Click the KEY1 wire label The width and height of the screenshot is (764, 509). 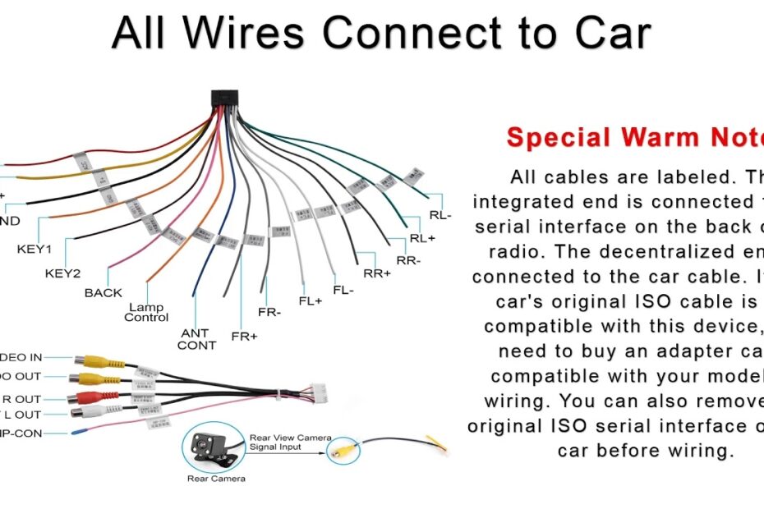coord(35,249)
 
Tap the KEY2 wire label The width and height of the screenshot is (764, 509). coord(62,273)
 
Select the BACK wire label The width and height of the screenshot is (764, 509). coord(104,293)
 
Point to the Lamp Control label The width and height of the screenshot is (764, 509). coord(146,313)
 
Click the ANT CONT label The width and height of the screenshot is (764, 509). coord(196,339)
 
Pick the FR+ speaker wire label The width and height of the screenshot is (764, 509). coord(245,337)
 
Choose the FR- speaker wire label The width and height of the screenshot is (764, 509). coord(269,313)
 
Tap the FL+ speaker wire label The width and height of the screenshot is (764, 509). coord(311,300)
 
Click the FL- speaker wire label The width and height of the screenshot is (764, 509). coord(343,290)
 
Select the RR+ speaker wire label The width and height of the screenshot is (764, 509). coord(377,273)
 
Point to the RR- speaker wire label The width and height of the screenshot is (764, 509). coord(408,261)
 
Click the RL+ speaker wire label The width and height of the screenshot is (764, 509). coord(422,239)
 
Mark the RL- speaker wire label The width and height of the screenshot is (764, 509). coord(440,216)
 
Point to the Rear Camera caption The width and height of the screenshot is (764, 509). coord(217,479)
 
